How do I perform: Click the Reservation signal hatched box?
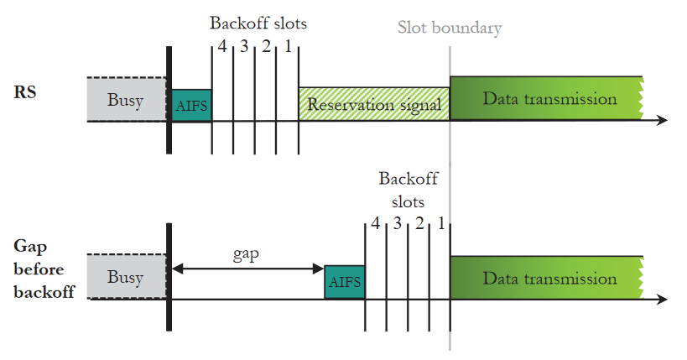click(374, 104)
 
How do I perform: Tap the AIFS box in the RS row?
click(191, 105)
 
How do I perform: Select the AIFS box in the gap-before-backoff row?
click(345, 283)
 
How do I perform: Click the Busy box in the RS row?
click(126, 100)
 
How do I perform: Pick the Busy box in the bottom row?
click(126, 277)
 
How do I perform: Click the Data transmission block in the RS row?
click(547, 99)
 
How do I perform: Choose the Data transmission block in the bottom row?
click(547, 277)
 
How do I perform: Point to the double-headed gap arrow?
click(247, 269)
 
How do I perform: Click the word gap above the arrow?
click(246, 253)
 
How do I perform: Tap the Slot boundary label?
click(450, 28)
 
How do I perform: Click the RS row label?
click(24, 92)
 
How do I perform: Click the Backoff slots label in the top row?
click(258, 23)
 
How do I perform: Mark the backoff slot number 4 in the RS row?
click(222, 46)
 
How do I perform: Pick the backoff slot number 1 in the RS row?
click(288, 46)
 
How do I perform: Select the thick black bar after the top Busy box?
click(169, 100)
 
